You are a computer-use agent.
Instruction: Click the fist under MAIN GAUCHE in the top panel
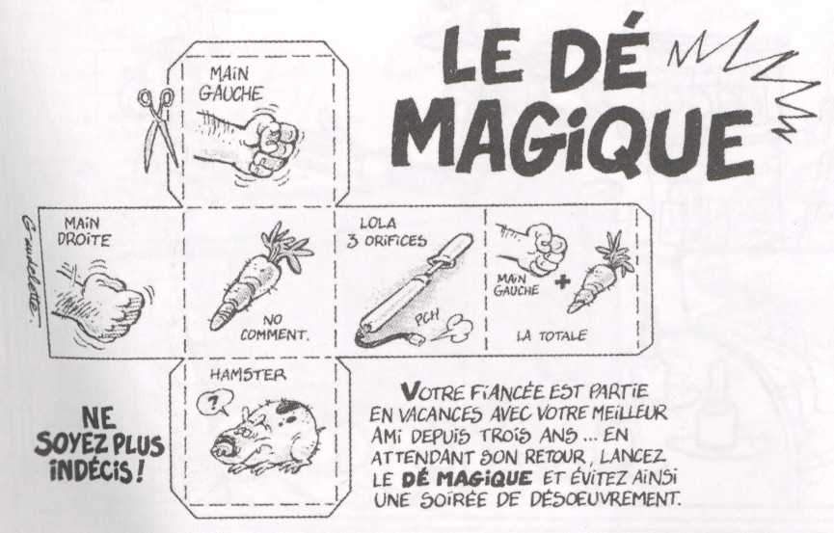[x=249, y=143]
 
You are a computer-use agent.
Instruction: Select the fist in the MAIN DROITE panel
[x=102, y=306]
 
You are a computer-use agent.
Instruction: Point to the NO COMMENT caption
[x=274, y=329]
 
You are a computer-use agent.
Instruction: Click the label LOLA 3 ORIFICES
[x=387, y=233]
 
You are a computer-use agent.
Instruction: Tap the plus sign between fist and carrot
[x=562, y=282]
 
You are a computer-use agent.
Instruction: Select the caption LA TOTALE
[x=552, y=336]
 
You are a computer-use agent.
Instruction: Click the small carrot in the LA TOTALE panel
[x=600, y=274]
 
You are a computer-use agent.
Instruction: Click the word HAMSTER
[x=248, y=375]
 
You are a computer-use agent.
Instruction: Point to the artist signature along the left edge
[x=31, y=270]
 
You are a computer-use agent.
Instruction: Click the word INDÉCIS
[x=92, y=470]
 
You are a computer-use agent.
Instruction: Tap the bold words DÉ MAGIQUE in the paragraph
[x=467, y=478]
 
